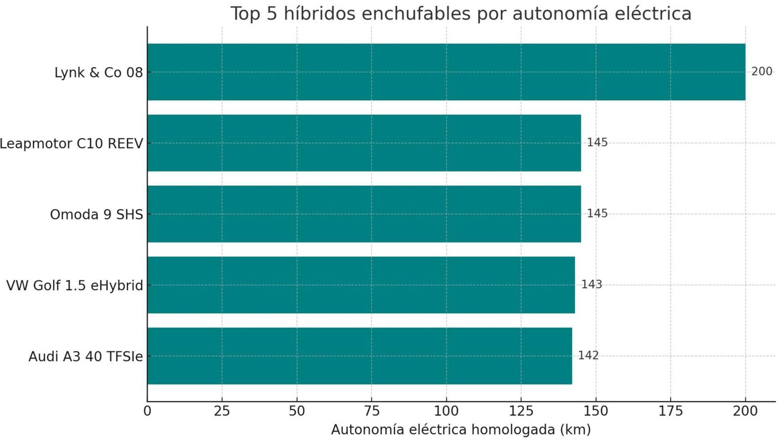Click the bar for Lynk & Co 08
446,72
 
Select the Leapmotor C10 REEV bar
364,143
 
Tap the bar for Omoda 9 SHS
364,214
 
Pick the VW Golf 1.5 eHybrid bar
361,285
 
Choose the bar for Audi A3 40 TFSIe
359,356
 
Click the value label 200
761,72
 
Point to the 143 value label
591,285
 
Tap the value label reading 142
588,356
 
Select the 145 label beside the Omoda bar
597,214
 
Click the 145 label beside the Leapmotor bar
597,143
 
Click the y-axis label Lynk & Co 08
98,73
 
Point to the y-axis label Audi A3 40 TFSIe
86,357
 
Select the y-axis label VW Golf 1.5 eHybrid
74,286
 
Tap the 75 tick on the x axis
371,411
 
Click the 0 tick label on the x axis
147,411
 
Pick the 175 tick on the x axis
670,411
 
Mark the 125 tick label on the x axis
521,411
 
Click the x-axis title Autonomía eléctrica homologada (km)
461,430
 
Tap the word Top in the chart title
246,14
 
